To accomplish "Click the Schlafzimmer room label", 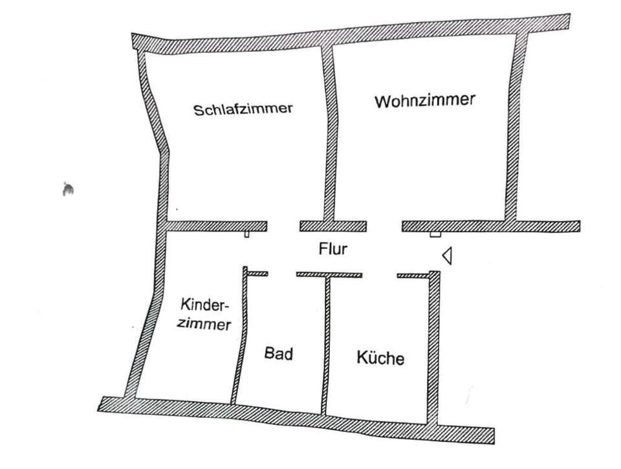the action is (x=243, y=109).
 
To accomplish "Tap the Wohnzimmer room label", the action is (x=424, y=101).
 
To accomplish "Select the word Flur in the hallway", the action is (x=332, y=249).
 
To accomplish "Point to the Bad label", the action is (x=279, y=354).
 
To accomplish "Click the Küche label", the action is (x=380, y=358).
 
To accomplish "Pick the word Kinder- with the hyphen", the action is (x=206, y=305).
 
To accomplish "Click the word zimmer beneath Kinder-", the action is (x=204, y=323).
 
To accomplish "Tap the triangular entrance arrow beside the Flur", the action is (x=446, y=256).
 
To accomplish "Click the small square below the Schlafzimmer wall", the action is (x=246, y=234).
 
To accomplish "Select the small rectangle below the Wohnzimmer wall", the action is (x=435, y=234).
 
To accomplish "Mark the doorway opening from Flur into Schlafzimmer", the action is (x=283, y=226).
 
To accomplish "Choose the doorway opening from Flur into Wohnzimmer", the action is (x=384, y=226).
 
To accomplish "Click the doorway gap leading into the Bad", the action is (x=282, y=274).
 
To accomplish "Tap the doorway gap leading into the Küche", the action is (x=380, y=275).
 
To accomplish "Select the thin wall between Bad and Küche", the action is (x=327, y=343).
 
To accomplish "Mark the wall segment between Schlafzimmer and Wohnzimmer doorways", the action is (x=332, y=226).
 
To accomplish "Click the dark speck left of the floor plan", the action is (x=67, y=189).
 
